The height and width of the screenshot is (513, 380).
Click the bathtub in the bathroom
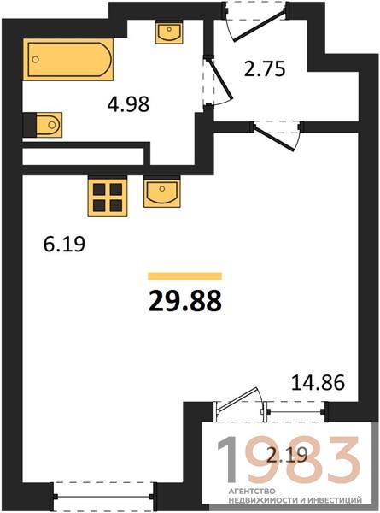[68, 59]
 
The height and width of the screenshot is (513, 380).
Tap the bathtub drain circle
[36, 59]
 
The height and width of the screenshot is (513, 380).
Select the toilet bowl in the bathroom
[49, 125]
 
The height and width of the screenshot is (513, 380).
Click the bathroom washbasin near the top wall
[168, 32]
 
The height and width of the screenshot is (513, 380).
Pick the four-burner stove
[108, 197]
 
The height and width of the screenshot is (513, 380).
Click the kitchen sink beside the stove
[162, 193]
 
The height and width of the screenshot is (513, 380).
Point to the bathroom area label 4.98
[128, 104]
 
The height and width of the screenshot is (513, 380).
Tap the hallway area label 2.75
[265, 68]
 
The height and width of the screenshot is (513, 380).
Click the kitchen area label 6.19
[64, 244]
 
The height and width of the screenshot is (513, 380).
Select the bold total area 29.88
[185, 301]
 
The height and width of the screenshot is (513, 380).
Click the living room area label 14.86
[318, 382]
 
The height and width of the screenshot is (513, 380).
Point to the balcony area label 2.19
[287, 455]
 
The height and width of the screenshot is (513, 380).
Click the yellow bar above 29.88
[185, 276]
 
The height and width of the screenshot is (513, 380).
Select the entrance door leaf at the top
[260, 25]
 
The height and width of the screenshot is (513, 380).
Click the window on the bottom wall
[104, 497]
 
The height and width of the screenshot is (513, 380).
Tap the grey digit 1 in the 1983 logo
[228, 459]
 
